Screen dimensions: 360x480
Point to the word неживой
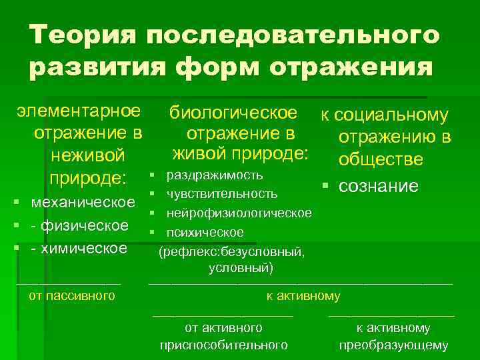[x=87, y=155]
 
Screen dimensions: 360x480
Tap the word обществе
[x=381, y=160]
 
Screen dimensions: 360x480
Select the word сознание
[x=379, y=185]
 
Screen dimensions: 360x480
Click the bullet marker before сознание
[x=326, y=185]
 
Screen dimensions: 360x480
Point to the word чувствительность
[x=222, y=194]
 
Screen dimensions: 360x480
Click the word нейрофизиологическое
[x=239, y=213]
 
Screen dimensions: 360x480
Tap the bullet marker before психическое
[x=153, y=233]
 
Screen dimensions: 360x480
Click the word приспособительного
[x=224, y=345]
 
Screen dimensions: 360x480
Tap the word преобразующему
[x=393, y=345]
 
